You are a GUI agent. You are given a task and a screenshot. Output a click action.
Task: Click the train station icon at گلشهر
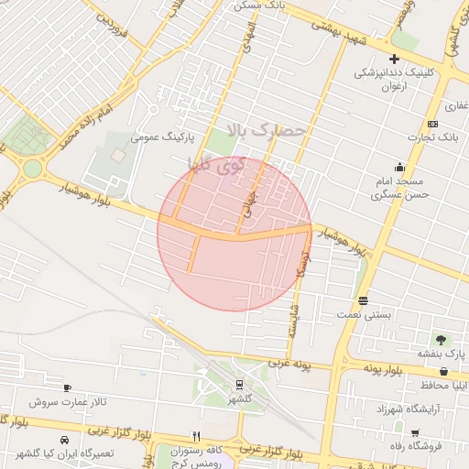(239, 385)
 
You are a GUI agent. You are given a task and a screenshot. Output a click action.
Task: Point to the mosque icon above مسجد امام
(399, 168)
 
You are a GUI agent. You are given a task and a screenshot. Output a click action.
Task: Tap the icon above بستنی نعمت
(364, 300)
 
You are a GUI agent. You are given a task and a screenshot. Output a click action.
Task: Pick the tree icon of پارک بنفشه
(443, 340)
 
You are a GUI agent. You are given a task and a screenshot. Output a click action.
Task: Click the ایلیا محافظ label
(443, 385)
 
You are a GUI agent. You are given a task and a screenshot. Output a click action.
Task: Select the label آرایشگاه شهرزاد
(414, 407)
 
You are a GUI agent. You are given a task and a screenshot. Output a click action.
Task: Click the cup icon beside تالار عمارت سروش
(67, 388)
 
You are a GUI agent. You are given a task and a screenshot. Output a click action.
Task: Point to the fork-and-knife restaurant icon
(195, 436)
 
